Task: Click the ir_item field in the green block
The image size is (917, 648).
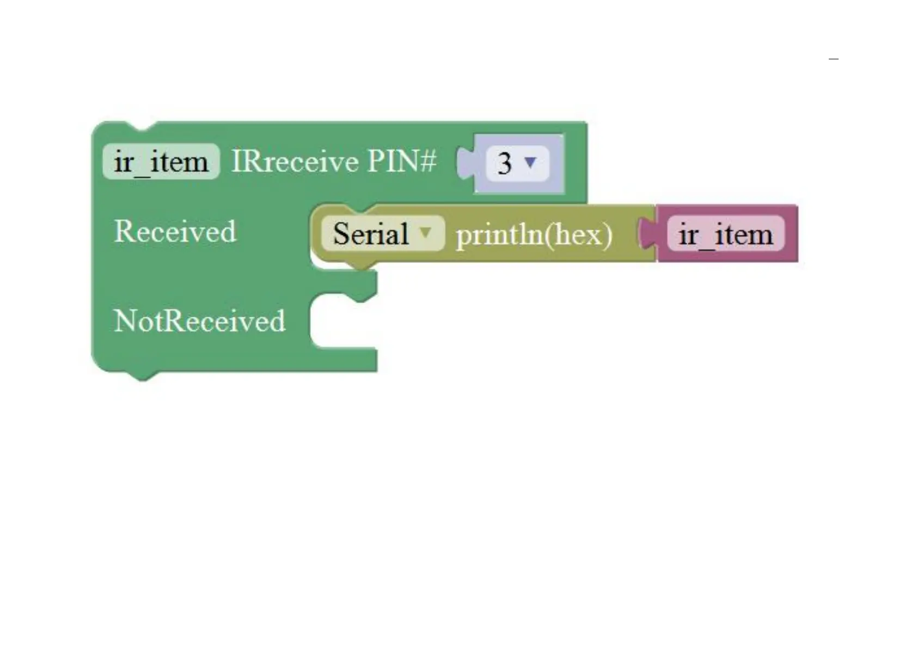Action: [161, 162]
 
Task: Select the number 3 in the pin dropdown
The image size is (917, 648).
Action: [505, 163]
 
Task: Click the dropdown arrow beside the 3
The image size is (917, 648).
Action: [530, 162]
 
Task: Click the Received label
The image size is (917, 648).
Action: [175, 231]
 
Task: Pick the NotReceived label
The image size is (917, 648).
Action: [199, 320]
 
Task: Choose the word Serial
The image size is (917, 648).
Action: [370, 234]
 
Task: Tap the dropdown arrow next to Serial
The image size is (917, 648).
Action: [426, 232]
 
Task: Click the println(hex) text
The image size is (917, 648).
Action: [534, 235]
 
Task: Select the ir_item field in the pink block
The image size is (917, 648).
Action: [725, 234]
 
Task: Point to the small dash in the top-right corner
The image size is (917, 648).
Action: [833, 58]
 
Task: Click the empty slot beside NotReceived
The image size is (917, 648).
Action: [343, 321]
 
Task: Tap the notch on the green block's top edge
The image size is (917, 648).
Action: [143, 126]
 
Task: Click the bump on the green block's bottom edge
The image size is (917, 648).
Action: [143, 376]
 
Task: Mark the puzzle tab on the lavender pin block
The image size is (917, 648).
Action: [466, 163]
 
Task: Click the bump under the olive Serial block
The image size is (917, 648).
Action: [359, 265]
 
